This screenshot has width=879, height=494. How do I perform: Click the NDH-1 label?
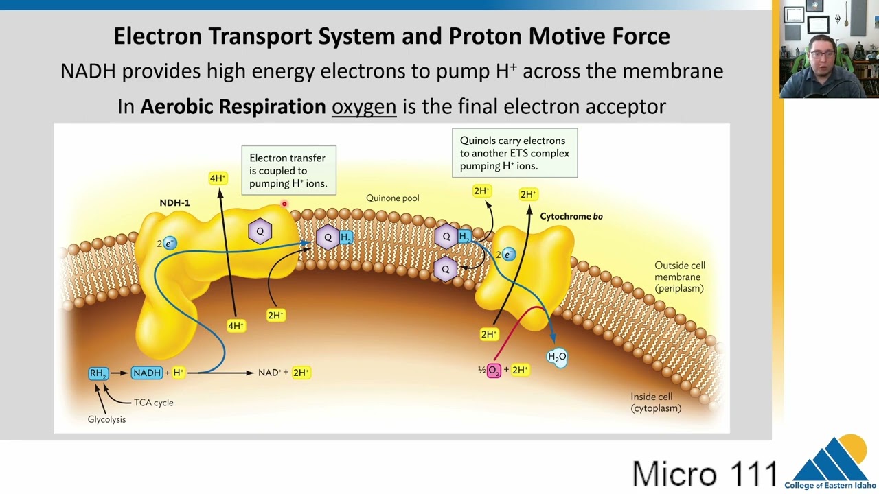click(174, 202)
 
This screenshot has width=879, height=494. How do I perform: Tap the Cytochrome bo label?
click(571, 216)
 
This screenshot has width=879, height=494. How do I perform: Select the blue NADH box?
click(147, 373)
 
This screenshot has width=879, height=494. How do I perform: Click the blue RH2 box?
click(98, 373)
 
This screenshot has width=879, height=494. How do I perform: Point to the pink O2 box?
click(494, 370)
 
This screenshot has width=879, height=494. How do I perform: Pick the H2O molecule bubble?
click(557, 357)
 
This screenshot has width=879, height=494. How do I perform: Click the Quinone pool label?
click(392, 198)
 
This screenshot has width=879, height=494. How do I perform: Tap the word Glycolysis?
click(106, 419)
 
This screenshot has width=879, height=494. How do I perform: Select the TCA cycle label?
click(153, 403)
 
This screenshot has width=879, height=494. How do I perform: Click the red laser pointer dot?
click(284, 204)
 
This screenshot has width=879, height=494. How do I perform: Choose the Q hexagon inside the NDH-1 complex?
click(260, 232)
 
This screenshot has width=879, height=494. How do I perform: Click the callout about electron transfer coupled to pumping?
click(289, 171)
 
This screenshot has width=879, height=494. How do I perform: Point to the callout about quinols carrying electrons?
click(515, 153)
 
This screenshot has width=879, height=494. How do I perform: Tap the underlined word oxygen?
click(364, 106)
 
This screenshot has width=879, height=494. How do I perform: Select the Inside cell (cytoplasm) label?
click(656, 402)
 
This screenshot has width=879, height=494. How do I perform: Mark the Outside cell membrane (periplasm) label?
click(680, 277)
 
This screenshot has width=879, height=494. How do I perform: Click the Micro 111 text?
click(705, 473)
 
